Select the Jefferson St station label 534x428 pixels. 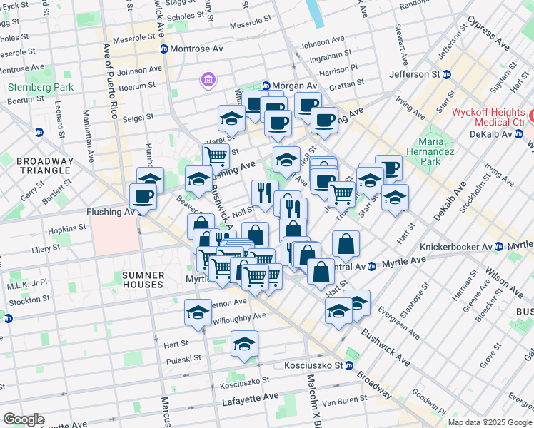click(414, 74)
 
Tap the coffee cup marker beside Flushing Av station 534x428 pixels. click(143, 196)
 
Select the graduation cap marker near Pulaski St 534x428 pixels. click(244, 344)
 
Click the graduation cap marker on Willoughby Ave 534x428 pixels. click(198, 312)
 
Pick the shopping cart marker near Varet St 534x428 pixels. click(216, 156)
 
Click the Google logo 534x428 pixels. click(24, 419)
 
